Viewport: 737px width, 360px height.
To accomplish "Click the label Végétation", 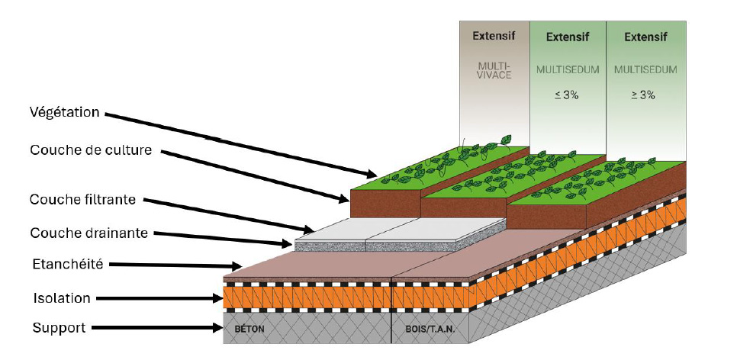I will pos(65,113).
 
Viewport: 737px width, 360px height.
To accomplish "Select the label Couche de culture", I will pos(91,149).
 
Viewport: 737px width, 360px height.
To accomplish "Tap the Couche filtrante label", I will pos(82,200).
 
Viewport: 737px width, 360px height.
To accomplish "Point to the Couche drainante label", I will pos(89,233).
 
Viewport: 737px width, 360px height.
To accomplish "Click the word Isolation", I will pos(61,297).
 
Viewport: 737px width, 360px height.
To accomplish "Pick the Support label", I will pos(58,328).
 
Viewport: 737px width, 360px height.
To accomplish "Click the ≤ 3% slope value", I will pos(568,95).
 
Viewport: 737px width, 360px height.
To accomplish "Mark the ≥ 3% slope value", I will pos(645,95).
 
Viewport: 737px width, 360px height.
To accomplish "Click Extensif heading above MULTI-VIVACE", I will pos(494,35).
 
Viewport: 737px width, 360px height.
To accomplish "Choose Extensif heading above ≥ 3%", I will pos(645,36).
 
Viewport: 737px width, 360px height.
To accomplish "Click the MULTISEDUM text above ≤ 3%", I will pos(568,69).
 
